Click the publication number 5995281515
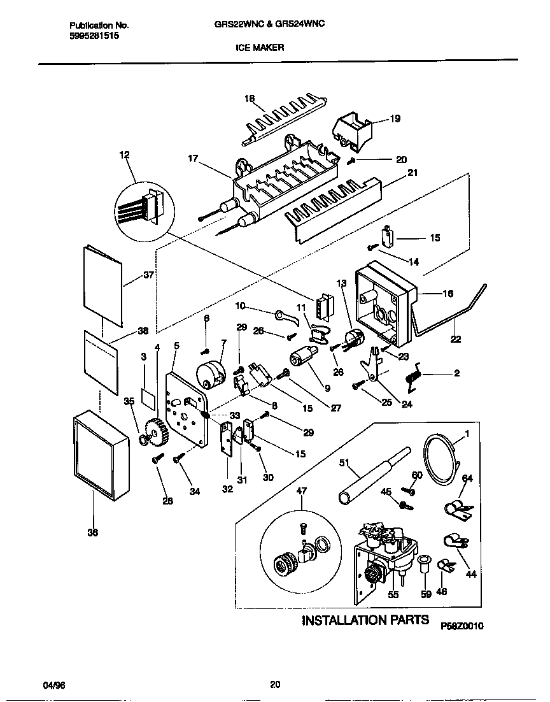click(94, 36)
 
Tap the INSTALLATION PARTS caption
click(365, 620)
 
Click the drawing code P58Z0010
click(462, 626)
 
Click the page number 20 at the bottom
click(275, 685)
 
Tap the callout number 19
click(395, 118)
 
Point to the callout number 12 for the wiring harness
click(123, 155)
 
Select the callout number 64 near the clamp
click(467, 478)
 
